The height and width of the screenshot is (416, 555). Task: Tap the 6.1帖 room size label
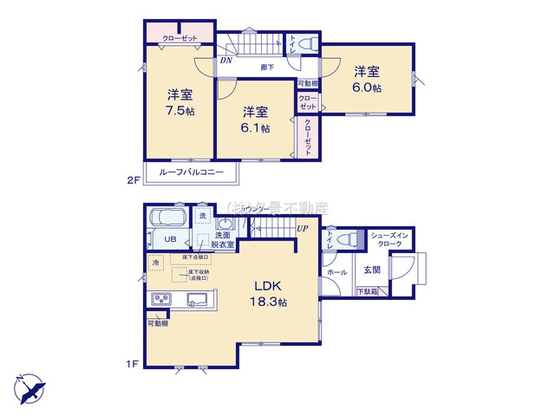tap(255, 127)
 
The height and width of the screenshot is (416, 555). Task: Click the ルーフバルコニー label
tap(191, 173)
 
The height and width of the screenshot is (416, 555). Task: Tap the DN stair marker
tap(225, 61)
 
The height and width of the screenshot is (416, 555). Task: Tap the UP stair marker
tap(302, 228)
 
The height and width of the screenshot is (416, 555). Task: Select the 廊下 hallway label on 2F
tap(269, 66)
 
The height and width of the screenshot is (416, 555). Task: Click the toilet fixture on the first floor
tap(347, 238)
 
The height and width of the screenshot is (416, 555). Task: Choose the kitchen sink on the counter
tap(197, 300)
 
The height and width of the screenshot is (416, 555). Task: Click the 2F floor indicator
tap(134, 180)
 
